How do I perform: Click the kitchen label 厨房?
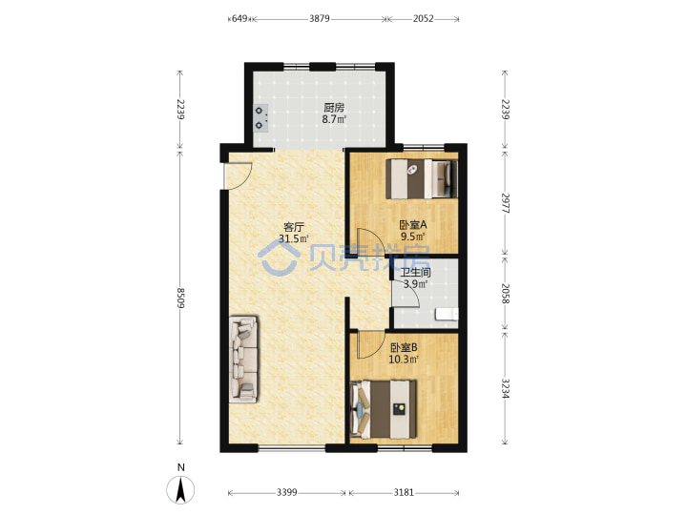[x=334, y=107]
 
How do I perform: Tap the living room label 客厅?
[x=294, y=227]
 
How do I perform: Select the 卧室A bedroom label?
[x=413, y=225]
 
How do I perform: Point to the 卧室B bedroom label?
[x=404, y=347]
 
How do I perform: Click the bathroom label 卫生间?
[x=415, y=272]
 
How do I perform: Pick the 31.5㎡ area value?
[x=294, y=238]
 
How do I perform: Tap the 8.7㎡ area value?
[x=334, y=118]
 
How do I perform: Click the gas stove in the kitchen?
[x=260, y=118]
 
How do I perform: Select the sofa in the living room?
[x=243, y=359]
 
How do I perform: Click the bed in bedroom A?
[x=422, y=178]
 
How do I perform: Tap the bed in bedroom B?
[x=384, y=409]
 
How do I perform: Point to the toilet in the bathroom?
[x=447, y=314]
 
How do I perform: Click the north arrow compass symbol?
[x=180, y=488]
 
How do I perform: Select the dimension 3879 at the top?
[x=320, y=18]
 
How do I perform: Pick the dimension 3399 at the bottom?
[x=286, y=493]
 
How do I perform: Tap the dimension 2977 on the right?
[x=505, y=203]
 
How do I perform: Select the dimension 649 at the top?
[x=239, y=18]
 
